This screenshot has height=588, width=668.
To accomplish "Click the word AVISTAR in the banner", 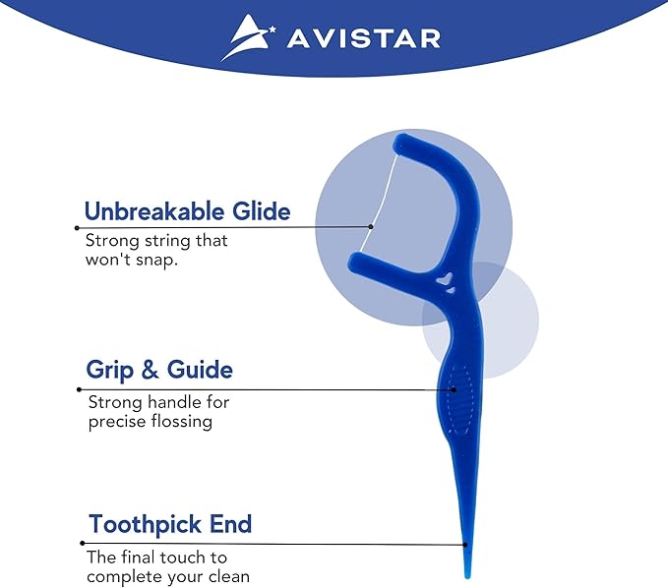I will pos(362,38).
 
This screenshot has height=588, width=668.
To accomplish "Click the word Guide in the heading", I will pos(200,371).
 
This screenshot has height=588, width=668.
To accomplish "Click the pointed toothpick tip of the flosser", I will pos(466,567).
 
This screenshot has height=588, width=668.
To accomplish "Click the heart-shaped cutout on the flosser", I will pos(446,282).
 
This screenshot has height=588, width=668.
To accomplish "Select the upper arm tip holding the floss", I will pos(400,145).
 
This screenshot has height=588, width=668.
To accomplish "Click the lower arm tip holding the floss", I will pos(356,262).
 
